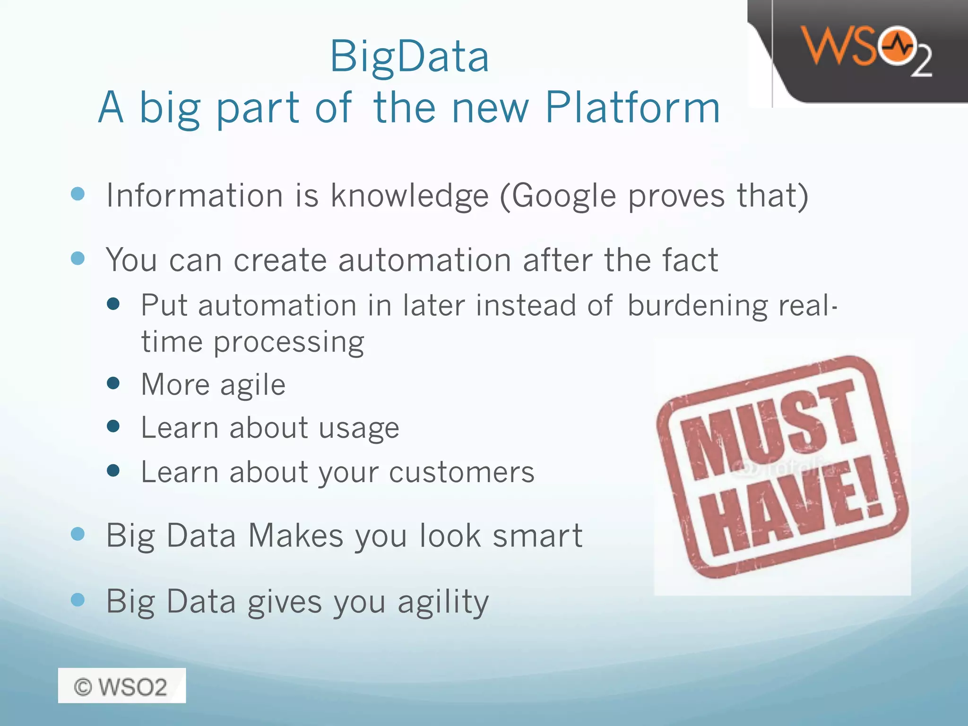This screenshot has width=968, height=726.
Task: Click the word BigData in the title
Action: tap(409, 57)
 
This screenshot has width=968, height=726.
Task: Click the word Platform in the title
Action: tap(632, 108)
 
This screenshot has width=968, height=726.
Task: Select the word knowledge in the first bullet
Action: tap(409, 196)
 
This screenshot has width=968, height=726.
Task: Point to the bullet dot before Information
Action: tap(78, 194)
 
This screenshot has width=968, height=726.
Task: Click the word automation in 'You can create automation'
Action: tap(424, 260)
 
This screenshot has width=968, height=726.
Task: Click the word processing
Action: tap(289, 342)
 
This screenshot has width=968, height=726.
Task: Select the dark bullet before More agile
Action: tap(113, 382)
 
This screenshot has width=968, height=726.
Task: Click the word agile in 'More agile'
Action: tap(253, 385)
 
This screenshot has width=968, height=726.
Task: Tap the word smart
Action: tap(537, 536)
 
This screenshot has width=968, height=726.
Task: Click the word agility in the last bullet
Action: tap(443, 602)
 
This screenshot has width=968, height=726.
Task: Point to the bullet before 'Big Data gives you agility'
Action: tap(78, 600)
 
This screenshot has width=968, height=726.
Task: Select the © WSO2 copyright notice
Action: tap(121, 686)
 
